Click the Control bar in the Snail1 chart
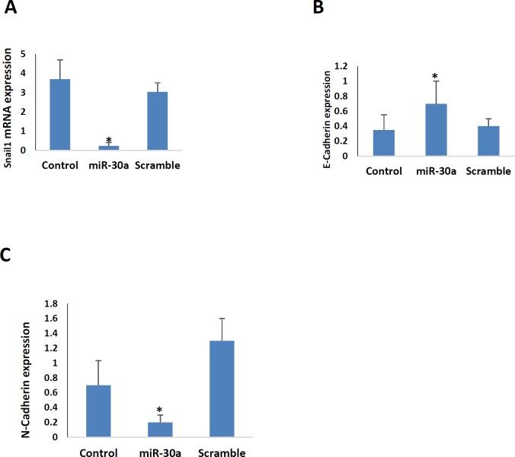(x=60, y=114)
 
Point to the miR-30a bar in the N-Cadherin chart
(x=160, y=429)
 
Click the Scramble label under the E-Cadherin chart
(x=487, y=170)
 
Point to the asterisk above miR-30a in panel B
(x=434, y=77)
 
